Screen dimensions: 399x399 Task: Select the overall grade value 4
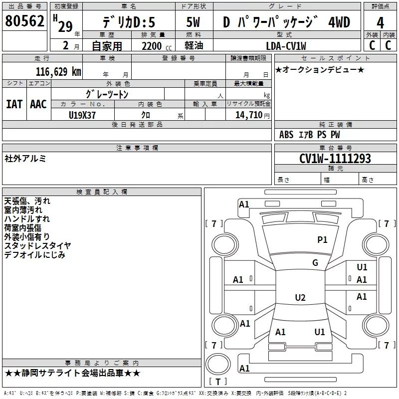tap(381, 23)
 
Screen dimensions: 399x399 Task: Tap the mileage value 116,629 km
tap(58, 72)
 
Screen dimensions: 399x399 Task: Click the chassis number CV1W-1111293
tap(335, 159)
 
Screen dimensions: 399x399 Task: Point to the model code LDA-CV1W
tap(286, 46)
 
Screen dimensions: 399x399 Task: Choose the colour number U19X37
tap(82, 115)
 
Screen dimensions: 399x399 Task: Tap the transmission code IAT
tap(14, 104)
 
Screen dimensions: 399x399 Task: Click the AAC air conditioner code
tap(38, 104)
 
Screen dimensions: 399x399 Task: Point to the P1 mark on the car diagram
tap(322, 240)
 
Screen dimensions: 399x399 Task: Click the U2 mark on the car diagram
tap(300, 298)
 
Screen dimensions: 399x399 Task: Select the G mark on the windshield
tap(315, 263)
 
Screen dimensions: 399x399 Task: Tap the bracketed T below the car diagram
tap(218, 382)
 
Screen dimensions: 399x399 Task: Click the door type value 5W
tap(193, 22)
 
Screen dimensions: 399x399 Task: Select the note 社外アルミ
tap(25, 158)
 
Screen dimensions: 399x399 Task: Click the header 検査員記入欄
tap(102, 192)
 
